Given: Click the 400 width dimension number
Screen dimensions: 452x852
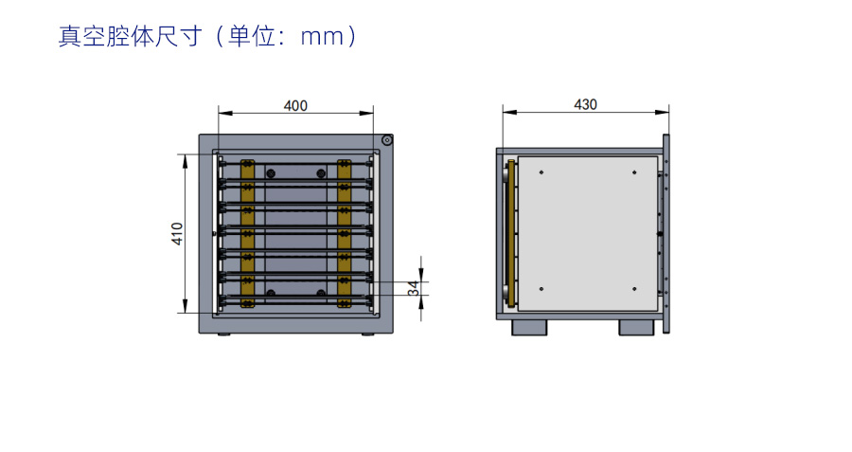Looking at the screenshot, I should click(295, 106).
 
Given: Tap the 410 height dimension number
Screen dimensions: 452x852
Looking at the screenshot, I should click(177, 234).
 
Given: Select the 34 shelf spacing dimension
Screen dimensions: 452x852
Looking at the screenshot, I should click(413, 288).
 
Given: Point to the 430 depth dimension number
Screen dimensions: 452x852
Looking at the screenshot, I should click(586, 105).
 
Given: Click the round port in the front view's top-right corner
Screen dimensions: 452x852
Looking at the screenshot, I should click(387, 141).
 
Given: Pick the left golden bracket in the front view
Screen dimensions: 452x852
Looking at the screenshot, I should click(248, 233).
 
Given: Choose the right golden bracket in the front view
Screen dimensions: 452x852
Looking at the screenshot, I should click(344, 233).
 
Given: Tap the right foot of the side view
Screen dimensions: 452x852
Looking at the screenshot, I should click(637, 326).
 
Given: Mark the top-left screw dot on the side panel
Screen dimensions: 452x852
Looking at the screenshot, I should click(541, 172).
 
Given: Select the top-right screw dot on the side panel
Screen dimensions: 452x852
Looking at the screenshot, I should click(633, 172).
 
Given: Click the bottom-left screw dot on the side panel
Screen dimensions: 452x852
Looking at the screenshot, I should click(541, 288).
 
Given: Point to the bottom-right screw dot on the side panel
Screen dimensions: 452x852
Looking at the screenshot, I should click(633, 288).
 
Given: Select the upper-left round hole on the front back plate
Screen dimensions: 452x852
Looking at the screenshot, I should click(271, 173).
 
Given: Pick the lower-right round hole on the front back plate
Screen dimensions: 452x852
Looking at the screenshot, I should click(321, 293).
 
